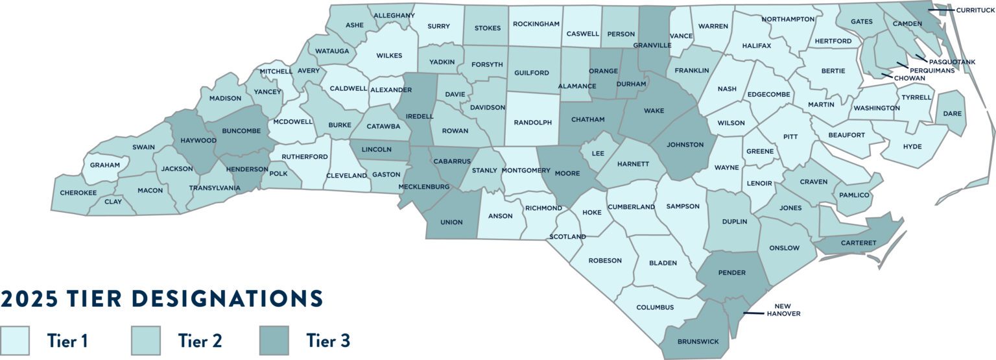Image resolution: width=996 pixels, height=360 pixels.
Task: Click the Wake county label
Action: pyautogui.click(x=654, y=111)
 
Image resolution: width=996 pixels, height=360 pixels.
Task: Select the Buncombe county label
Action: pyautogui.click(x=241, y=130)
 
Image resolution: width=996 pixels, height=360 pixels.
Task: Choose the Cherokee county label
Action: pyautogui.click(x=78, y=193)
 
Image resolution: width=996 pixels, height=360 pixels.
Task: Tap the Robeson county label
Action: pyautogui.click(x=605, y=261)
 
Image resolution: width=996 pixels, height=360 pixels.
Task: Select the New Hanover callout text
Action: pyautogui.click(x=783, y=309)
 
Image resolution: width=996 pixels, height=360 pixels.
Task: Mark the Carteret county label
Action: pyautogui.click(x=860, y=243)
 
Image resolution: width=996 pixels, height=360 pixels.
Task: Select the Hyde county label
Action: pyautogui.click(x=912, y=147)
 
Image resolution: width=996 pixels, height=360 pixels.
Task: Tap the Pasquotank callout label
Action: pyautogui.click(x=952, y=62)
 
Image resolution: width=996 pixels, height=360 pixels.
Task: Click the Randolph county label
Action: pyautogui.click(x=532, y=122)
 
